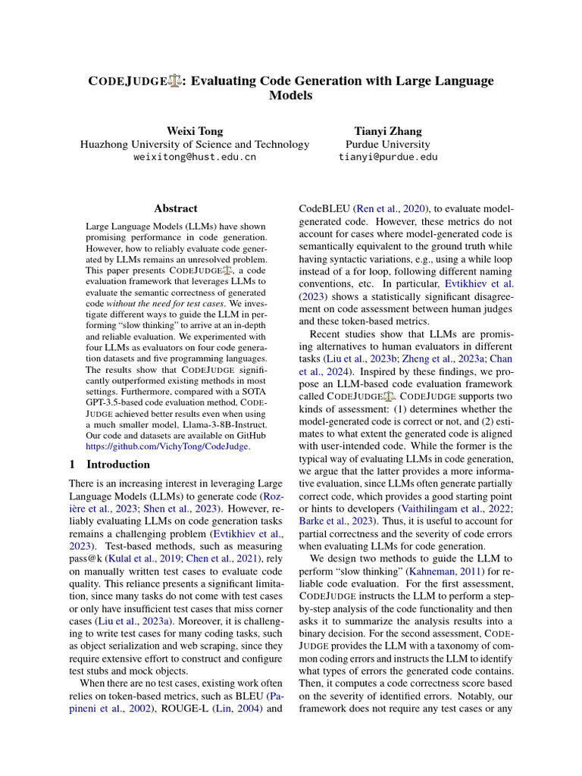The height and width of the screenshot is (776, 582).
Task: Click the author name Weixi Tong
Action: pyautogui.click(x=195, y=131)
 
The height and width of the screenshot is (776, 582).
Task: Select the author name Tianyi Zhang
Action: pyautogui.click(x=387, y=131)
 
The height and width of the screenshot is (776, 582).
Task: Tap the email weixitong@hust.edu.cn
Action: pyautogui.click(x=195, y=158)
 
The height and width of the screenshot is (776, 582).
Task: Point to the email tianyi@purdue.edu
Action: pyautogui.click(x=387, y=158)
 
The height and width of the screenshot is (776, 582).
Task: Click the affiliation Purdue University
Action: pyautogui.click(x=387, y=144)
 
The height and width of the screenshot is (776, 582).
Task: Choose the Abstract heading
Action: pyautogui.click(x=176, y=208)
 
